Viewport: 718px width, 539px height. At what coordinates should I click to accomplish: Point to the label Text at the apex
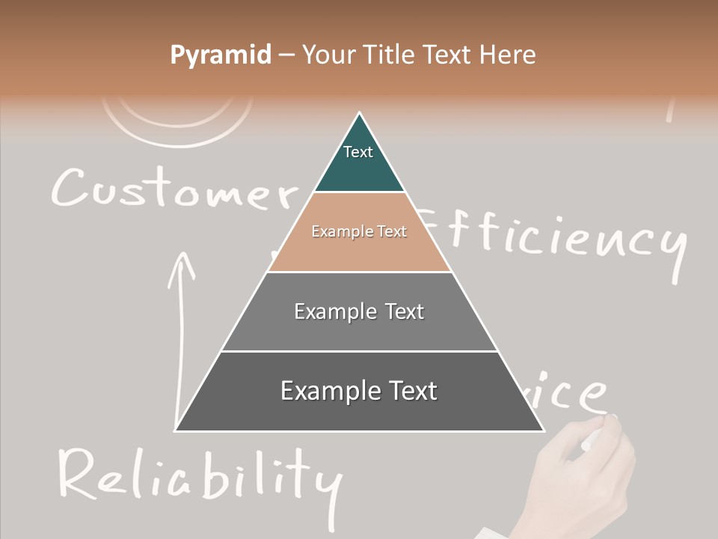[x=358, y=152]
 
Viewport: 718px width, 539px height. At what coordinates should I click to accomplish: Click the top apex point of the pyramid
[x=360, y=114]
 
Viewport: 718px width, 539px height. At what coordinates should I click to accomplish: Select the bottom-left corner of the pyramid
[x=176, y=430]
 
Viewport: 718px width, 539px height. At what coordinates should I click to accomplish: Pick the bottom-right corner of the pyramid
[x=543, y=430]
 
